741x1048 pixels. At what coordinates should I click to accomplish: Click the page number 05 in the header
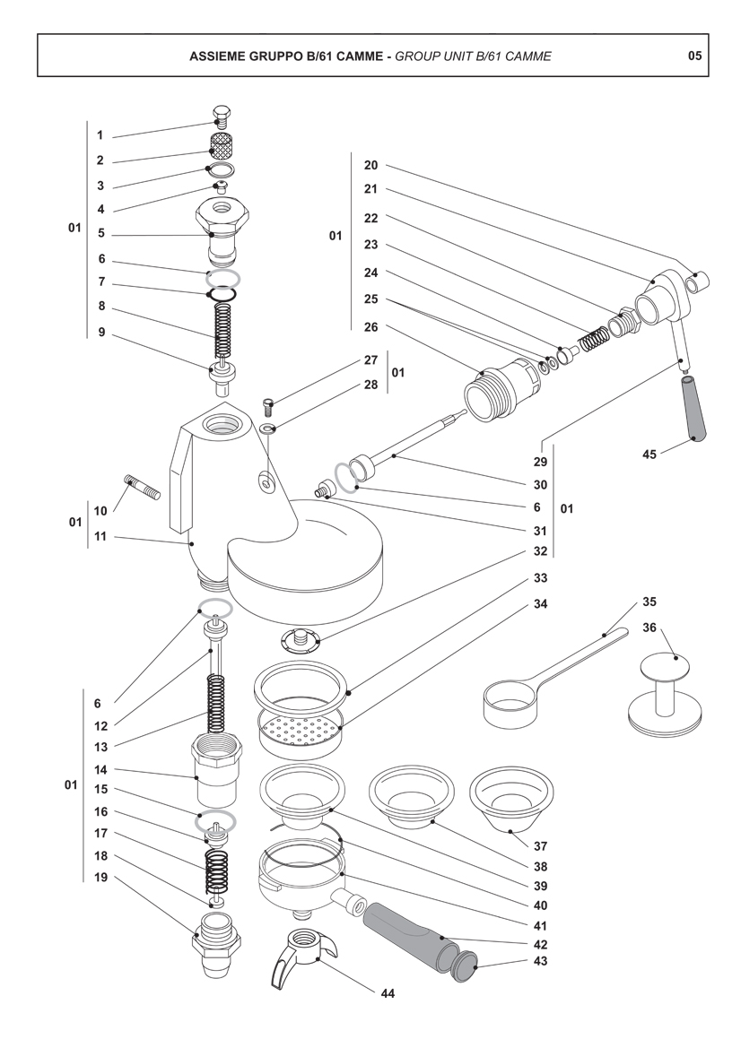pyautogui.click(x=694, y=56)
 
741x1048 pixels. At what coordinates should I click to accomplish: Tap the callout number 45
pyautogui.click(x=649, y=455)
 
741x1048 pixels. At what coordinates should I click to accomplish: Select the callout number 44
pyautogui.click(x=387, y=993)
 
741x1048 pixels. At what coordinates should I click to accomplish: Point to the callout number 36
pyautogui.click(x=649, y=628)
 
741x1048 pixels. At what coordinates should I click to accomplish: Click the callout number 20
pyautogui.click(x=371, y=165)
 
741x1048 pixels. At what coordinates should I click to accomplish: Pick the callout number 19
pyautogui.click(x=100, y=878)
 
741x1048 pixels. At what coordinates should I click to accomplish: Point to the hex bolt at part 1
pyautogui.click(x=222, y=115)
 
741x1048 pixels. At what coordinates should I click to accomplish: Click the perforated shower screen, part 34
pyautogui.click(x=301, y=733)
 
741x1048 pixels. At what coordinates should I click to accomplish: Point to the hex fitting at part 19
pyautogui.click(x=217, y=942)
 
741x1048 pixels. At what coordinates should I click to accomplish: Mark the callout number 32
pyautogui.click(x=540, y=551)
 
